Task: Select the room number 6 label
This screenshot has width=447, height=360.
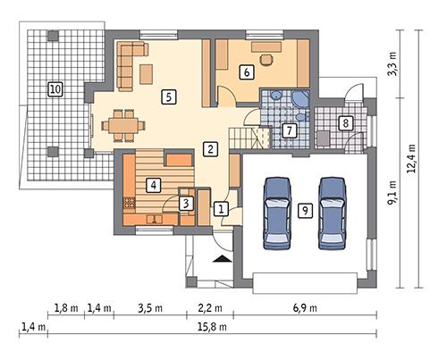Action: (x=246, y=73)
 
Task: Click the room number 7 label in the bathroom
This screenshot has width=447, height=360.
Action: (x=288, y=131)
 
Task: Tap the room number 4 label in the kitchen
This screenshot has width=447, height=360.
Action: (x=154, y=185)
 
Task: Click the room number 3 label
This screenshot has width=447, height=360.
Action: (x=185, y=204)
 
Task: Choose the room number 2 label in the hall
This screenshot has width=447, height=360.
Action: (x=209, y=148)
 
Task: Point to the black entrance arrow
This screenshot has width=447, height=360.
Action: (x=220, y=259)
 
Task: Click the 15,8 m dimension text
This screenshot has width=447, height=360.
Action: (x=213, y=328)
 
